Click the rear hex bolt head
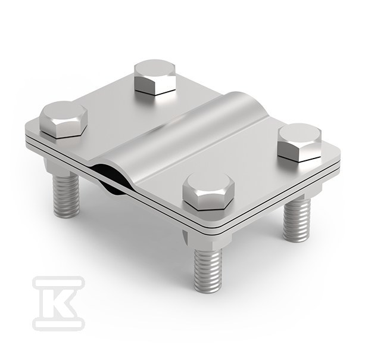[155, 77]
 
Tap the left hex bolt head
[63, 119]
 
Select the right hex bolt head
[300, 142]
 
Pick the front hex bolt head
[208, 191]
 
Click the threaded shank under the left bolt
[66, 195]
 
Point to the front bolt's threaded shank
[207, 270]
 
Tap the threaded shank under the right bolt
[297, 219]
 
